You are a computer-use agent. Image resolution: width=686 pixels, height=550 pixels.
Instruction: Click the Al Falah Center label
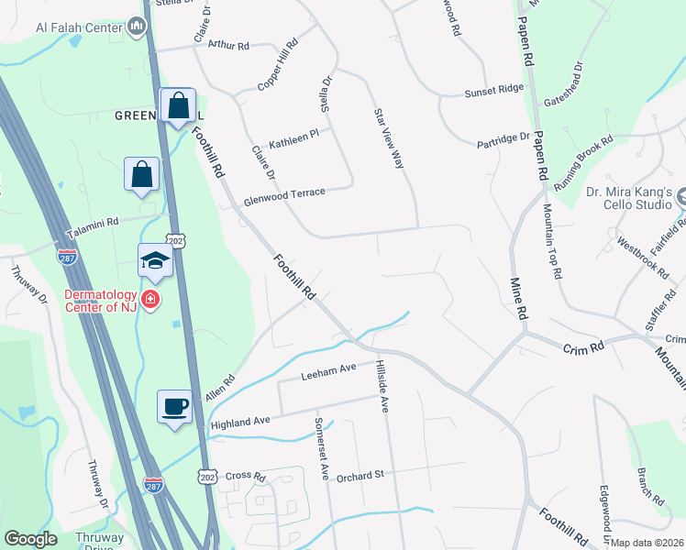pos(79,27)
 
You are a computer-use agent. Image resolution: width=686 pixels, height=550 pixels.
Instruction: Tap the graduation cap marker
pos(155,262)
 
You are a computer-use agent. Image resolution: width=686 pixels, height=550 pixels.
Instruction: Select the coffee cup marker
pos(173,406)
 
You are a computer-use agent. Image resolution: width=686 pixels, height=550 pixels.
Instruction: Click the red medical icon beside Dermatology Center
pos(148,299)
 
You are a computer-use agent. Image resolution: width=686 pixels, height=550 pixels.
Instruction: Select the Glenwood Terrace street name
pos(284,194)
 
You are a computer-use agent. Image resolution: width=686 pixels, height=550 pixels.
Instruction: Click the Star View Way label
pos(388,138)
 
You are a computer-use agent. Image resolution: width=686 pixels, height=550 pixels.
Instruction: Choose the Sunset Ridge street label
pos(493,90)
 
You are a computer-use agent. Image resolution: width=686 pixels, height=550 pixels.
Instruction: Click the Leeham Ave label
pos(328,371)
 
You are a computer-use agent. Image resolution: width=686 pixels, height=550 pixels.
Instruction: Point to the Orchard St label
pos(360,477)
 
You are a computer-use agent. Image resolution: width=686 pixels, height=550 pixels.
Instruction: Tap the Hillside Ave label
pos(382,385)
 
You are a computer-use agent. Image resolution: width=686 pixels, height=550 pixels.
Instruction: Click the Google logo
pos(30,539)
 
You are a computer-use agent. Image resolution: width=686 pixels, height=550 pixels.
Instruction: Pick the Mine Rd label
pos(519,299)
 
